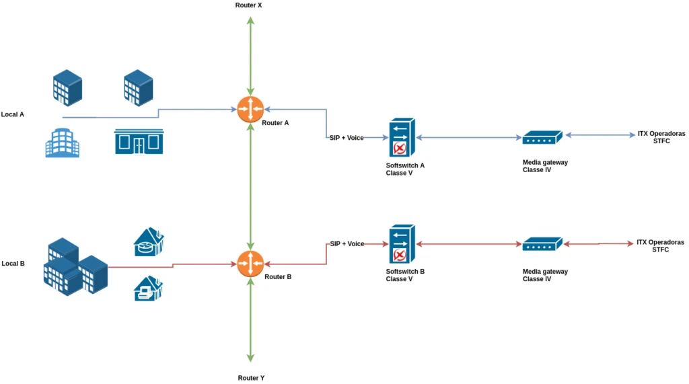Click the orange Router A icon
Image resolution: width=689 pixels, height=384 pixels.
[x=250, y=109]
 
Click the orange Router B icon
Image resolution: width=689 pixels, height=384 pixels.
[x=250, y=263]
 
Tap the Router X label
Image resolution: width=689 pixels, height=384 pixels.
[x=248, y=5]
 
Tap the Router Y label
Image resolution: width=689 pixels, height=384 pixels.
[x=251, y=378]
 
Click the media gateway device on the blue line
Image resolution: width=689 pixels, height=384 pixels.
[x=542, y=137]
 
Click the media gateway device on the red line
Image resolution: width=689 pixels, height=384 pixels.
[x=542, y=243]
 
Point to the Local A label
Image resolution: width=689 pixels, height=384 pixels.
[x=13, y=114]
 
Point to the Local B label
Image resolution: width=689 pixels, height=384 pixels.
[x=13, y=264]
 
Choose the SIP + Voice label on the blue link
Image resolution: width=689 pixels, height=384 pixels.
[x=347, y=138]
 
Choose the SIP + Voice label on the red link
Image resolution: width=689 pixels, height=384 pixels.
[x=347, y=243]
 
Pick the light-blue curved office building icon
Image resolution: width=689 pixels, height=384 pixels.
[x=62, y=143]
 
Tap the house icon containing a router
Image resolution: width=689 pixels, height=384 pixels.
[x=149, y=241]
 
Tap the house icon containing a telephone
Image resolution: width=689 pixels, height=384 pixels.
[x=148, y=288]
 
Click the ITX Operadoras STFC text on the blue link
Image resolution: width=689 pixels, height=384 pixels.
[x=661, y=137]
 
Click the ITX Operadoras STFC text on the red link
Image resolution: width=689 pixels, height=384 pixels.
[x=660, y=245]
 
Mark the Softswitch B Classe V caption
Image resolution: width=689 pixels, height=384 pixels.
[x=405, y=275]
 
